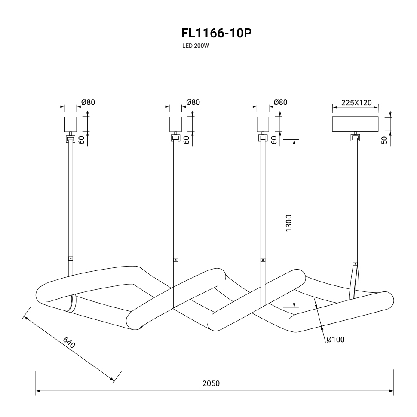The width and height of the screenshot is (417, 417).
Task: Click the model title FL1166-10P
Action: coord(217,34)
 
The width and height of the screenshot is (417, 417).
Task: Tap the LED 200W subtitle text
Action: coord(196,46)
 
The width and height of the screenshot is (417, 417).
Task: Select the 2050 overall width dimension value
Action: coord(211,383)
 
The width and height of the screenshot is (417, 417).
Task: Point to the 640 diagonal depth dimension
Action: coord(69,343)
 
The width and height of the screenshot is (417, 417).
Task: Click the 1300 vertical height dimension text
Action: coord(288,223)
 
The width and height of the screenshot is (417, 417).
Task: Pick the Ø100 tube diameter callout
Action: coord(335,340)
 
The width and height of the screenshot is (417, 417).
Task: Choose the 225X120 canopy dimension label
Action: coord(356,103)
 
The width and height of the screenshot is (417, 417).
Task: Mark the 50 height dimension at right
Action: coord(384,140)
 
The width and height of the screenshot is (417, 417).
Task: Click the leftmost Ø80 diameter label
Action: coord(88,102)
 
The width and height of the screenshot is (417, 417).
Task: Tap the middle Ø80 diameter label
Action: coord(193,102)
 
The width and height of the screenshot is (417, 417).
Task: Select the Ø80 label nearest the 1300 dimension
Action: coord(281,102)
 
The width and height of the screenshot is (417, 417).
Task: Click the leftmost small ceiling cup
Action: coord(71,124)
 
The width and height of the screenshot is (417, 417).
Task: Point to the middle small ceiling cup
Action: coord(176,124)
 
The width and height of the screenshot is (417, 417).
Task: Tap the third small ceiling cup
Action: coord(263,124)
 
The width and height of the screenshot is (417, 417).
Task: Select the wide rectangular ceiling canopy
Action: coord(355,124)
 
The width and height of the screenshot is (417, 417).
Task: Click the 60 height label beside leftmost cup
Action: coord(82,140)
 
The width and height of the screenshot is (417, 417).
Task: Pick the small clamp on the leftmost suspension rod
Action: coord(71,258)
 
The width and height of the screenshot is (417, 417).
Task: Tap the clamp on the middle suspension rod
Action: coord(175,260)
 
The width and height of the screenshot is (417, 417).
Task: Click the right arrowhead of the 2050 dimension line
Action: coord(391,391)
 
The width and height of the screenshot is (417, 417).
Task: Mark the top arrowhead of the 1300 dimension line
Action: coord(294,142)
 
